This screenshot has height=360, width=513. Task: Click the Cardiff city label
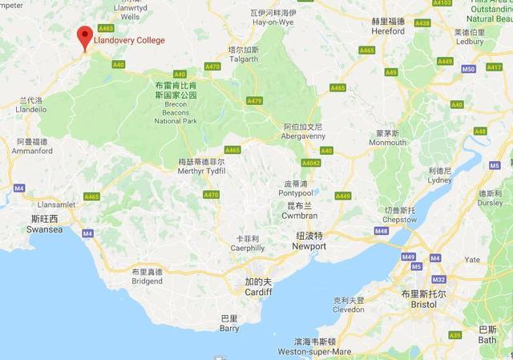point(258,286)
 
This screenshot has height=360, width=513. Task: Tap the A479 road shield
point(255,100)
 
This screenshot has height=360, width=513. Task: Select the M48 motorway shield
point(381,231)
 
